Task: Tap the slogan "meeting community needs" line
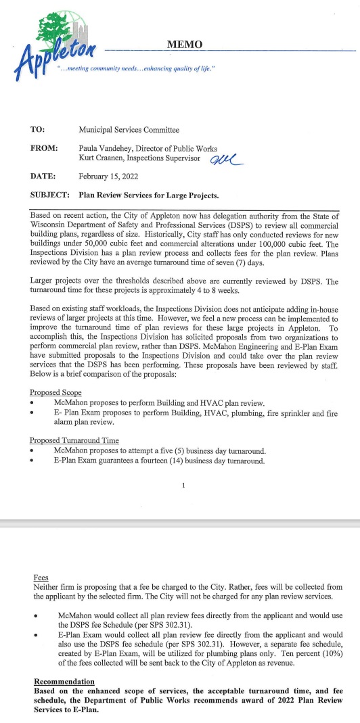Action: pos(135,68)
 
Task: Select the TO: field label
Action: pos(38,129)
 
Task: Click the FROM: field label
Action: pos(43,147)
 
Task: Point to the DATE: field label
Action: pos(42,177)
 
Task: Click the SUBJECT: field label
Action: pos(50,195)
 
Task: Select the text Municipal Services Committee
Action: pos(129,129)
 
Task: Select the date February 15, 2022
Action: pos(108,177)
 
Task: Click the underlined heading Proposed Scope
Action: pos(55,393)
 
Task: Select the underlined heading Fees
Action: pos(40,578)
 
